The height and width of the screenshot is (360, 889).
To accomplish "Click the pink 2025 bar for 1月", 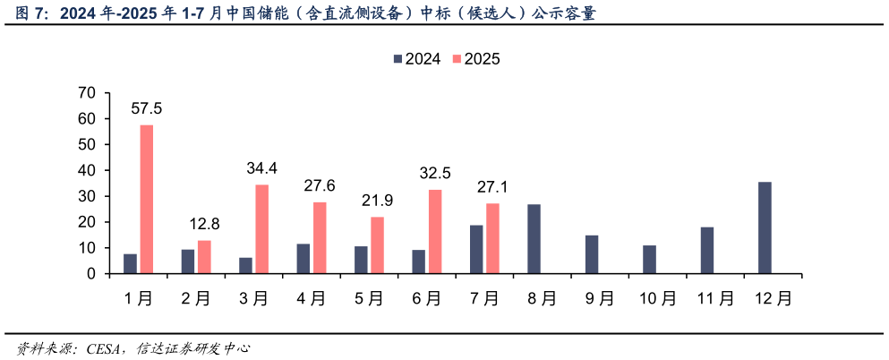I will [147, 199].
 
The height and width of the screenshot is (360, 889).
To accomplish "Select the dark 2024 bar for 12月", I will [765, 227].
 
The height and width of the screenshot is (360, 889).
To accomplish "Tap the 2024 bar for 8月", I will [534, 238].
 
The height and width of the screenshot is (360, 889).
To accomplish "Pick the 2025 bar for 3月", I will [262, 228].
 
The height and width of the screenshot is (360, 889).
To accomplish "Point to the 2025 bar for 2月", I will [204, 256].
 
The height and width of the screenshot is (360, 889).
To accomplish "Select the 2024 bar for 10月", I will [649, 259].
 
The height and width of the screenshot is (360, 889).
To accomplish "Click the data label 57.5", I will [147, 108].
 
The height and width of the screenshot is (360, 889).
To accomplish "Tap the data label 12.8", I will [205, 224].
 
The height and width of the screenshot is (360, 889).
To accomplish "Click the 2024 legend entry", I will [416, 59].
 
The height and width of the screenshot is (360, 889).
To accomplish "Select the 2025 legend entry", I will [475, 59].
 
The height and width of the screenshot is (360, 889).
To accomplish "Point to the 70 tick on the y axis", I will [87, 92].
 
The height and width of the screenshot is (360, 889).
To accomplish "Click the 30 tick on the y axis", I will [87, 196].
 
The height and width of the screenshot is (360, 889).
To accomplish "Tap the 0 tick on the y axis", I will [91, 274].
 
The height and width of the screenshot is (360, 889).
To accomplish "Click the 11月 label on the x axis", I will [714, 299].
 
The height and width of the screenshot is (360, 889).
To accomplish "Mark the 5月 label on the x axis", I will [369, 299].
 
